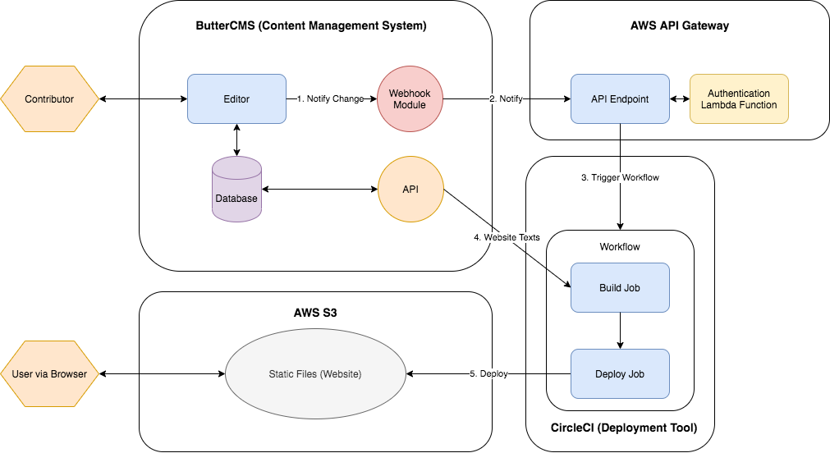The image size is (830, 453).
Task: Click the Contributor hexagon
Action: click(49, 99)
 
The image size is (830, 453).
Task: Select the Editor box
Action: click(236, 99)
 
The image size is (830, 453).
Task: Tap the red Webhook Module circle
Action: click(410, 99)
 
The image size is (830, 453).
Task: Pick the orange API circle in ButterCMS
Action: click(410, 190)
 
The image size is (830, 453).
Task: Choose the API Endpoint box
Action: click(620, 99)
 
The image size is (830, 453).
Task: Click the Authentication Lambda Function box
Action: click(739, 99)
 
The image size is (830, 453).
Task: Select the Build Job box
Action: click(620, 288)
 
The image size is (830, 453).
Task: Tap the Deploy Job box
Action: click(620, 374)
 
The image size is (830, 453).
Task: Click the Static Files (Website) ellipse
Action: click(315, 374)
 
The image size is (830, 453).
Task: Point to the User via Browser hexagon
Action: click(49, 374)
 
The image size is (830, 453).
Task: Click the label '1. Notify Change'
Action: click(330, 99)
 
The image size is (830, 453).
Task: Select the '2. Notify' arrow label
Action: click(507, 99)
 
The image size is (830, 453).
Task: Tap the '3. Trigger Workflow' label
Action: click(620, 178)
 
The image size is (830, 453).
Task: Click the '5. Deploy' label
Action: click(488, 374)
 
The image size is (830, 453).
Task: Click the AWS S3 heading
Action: click(315, 313)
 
